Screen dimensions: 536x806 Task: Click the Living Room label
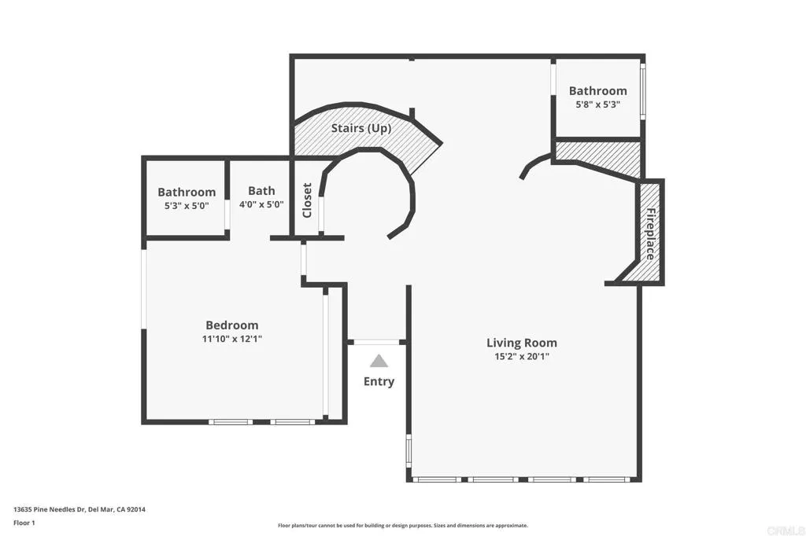(x=521, y=343)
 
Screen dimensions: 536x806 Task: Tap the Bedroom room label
(x=231, y=325)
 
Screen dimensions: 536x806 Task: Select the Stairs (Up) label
(x=361, y=128)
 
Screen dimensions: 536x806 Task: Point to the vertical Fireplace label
(x=651, y=233)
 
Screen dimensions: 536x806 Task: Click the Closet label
(x=307, y=200)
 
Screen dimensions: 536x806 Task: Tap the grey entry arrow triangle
(x=379, y=362)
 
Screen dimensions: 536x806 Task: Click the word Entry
(x=379, y=382)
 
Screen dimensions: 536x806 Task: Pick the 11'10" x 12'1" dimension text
(x=231, y=340)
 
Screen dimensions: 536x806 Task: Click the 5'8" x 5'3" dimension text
(x=598, y=105)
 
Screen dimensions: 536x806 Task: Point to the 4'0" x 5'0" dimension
(x=261, y=205)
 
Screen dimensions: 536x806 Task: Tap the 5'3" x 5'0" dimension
(x=187, y=206)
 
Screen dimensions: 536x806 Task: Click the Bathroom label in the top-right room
(x=598, y=91)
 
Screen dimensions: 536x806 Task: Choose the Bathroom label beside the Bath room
(x=187, y=192)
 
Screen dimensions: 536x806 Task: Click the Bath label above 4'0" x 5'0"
(x=261, y=191)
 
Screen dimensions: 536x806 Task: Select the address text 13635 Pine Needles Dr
(x=79, y=509)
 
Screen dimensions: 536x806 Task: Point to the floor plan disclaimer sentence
(x=402, y=526)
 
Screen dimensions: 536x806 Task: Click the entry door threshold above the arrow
(x=377, y=343)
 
